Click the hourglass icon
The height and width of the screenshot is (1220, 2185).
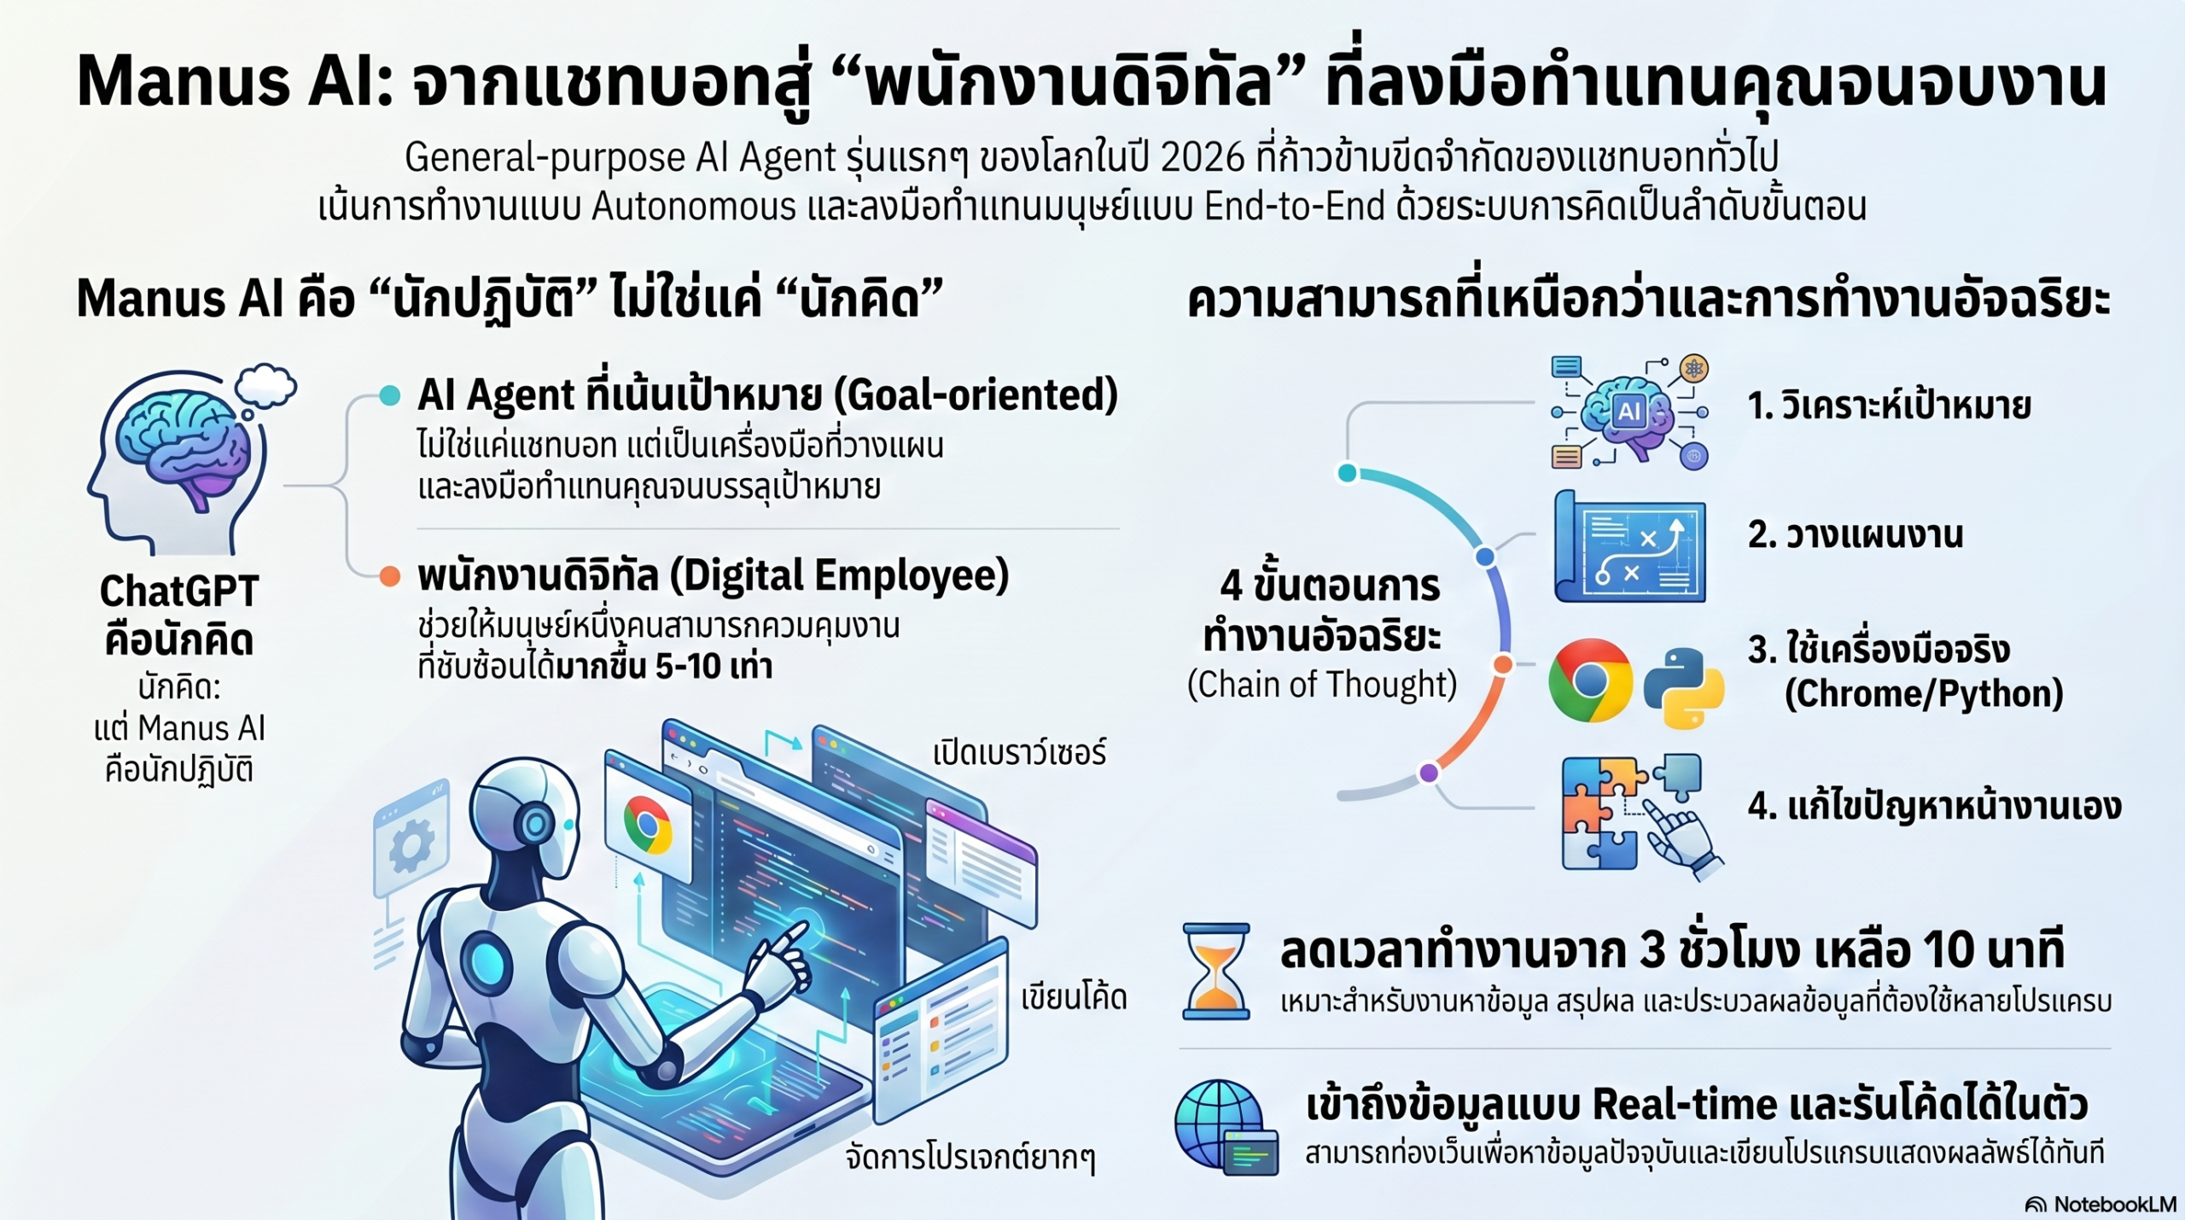(x=1216, y=971)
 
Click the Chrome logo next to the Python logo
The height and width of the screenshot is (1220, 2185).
(x=1590, y=680)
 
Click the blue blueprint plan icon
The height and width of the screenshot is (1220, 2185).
(x=1629, y=546)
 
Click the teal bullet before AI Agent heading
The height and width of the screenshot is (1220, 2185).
(x=389, y=395)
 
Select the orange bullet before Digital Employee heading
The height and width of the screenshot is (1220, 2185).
(x=389, y=576)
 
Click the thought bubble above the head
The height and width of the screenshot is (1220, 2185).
(x=265, y=387)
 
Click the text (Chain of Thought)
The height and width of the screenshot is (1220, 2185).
(x=1321, y=685)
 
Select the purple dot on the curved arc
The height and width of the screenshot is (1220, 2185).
(x=1429, y=773)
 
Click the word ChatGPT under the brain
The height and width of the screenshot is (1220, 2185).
(x=179, y=591)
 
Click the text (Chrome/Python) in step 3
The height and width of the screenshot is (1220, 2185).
(x=1924, y=693)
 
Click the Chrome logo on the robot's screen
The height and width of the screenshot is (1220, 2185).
(x=647, y=825)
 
